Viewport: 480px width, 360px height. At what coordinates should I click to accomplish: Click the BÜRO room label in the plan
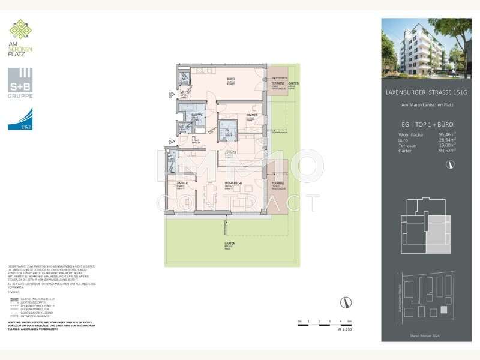(x=230, y=80)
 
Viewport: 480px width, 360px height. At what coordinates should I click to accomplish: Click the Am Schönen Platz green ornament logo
(x=20, y=30)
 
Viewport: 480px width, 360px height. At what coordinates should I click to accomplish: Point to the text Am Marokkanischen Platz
(x=428, y=105)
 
